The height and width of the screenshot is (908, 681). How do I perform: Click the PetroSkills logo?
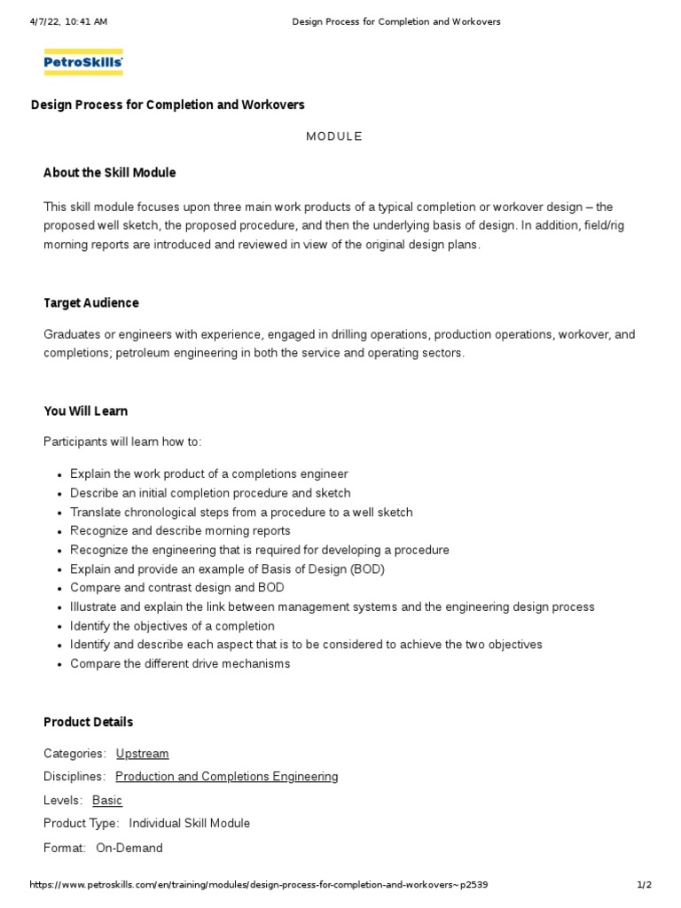coord(83,62)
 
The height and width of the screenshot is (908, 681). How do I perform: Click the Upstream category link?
coord(142,754)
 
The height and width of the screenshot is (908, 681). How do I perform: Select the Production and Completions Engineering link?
coord(226,777)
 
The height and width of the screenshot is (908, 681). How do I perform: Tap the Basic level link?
coord(107,800)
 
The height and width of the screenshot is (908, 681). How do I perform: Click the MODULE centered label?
coord(334,137)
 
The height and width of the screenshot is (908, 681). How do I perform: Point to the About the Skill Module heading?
coord(110,172)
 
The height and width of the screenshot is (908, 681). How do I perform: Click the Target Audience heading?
coord(91,303)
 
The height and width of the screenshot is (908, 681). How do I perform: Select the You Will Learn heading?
coord(86,411)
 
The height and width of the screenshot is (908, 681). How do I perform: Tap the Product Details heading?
coord(89,723)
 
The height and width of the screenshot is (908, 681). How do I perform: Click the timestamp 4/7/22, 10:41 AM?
coord(68,21)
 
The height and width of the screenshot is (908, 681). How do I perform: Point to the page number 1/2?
coord(645,885)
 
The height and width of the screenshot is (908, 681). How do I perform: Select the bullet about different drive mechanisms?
coord(180,664)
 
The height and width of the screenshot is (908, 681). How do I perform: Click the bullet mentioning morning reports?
coord(180,531)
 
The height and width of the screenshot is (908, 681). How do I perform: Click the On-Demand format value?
coord(129,849)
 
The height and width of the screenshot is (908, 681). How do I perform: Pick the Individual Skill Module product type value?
coord(190,824)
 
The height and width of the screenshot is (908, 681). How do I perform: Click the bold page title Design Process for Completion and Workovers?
coord(168,105)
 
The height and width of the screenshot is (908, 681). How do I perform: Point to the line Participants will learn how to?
coord(123,442)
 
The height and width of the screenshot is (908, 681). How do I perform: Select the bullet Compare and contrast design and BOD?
coord(177,588)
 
